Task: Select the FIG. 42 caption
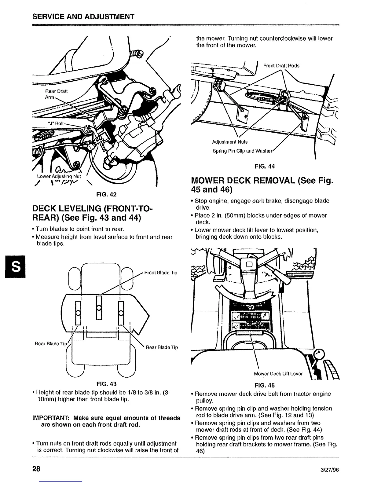pos(106,194)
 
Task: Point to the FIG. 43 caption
pos(106,384)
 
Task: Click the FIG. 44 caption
pos(265,167)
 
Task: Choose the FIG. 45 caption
pos(265,386)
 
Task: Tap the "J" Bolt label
pos(56,123)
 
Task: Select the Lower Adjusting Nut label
pos(59,176)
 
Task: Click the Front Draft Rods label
pos(281,66)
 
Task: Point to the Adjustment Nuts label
pos(230,142)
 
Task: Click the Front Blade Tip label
pos(160,273)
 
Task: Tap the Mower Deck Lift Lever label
pos(278,374)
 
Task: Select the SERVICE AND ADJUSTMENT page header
pos(83,16)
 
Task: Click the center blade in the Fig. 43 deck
pos(99,307)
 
